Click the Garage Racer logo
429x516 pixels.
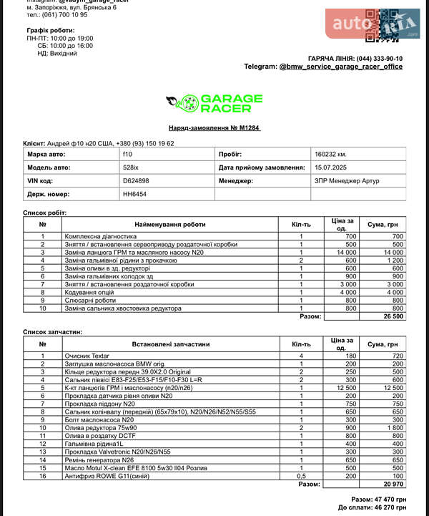pos(214,104)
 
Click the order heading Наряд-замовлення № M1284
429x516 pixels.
pos(214,127)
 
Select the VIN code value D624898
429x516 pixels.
pos(136,181)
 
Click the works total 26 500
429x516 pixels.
pos(393,316)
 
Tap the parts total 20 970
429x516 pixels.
pos(393,484)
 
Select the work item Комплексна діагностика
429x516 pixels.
pos(100,236)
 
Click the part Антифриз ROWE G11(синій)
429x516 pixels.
pos(105,475)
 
